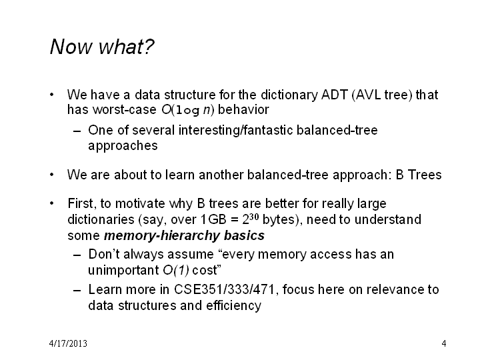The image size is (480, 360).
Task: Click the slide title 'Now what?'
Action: (102, 47)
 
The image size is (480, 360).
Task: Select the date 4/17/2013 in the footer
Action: (68, 343)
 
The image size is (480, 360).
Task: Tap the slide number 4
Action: (444, 343)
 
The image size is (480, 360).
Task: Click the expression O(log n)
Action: (187, 110)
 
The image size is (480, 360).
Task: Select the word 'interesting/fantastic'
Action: (236, 131)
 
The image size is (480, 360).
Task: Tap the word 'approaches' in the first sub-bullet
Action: (123, 146)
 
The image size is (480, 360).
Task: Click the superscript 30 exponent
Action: (254, 217)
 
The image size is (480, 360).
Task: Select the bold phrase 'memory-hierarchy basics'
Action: (184, 236)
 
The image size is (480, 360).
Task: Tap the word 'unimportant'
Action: (123, 271)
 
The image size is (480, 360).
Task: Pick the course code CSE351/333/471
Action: (225, 289)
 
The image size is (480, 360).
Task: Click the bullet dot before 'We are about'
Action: (52, 175)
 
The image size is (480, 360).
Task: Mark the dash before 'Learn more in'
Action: (77, 290)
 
